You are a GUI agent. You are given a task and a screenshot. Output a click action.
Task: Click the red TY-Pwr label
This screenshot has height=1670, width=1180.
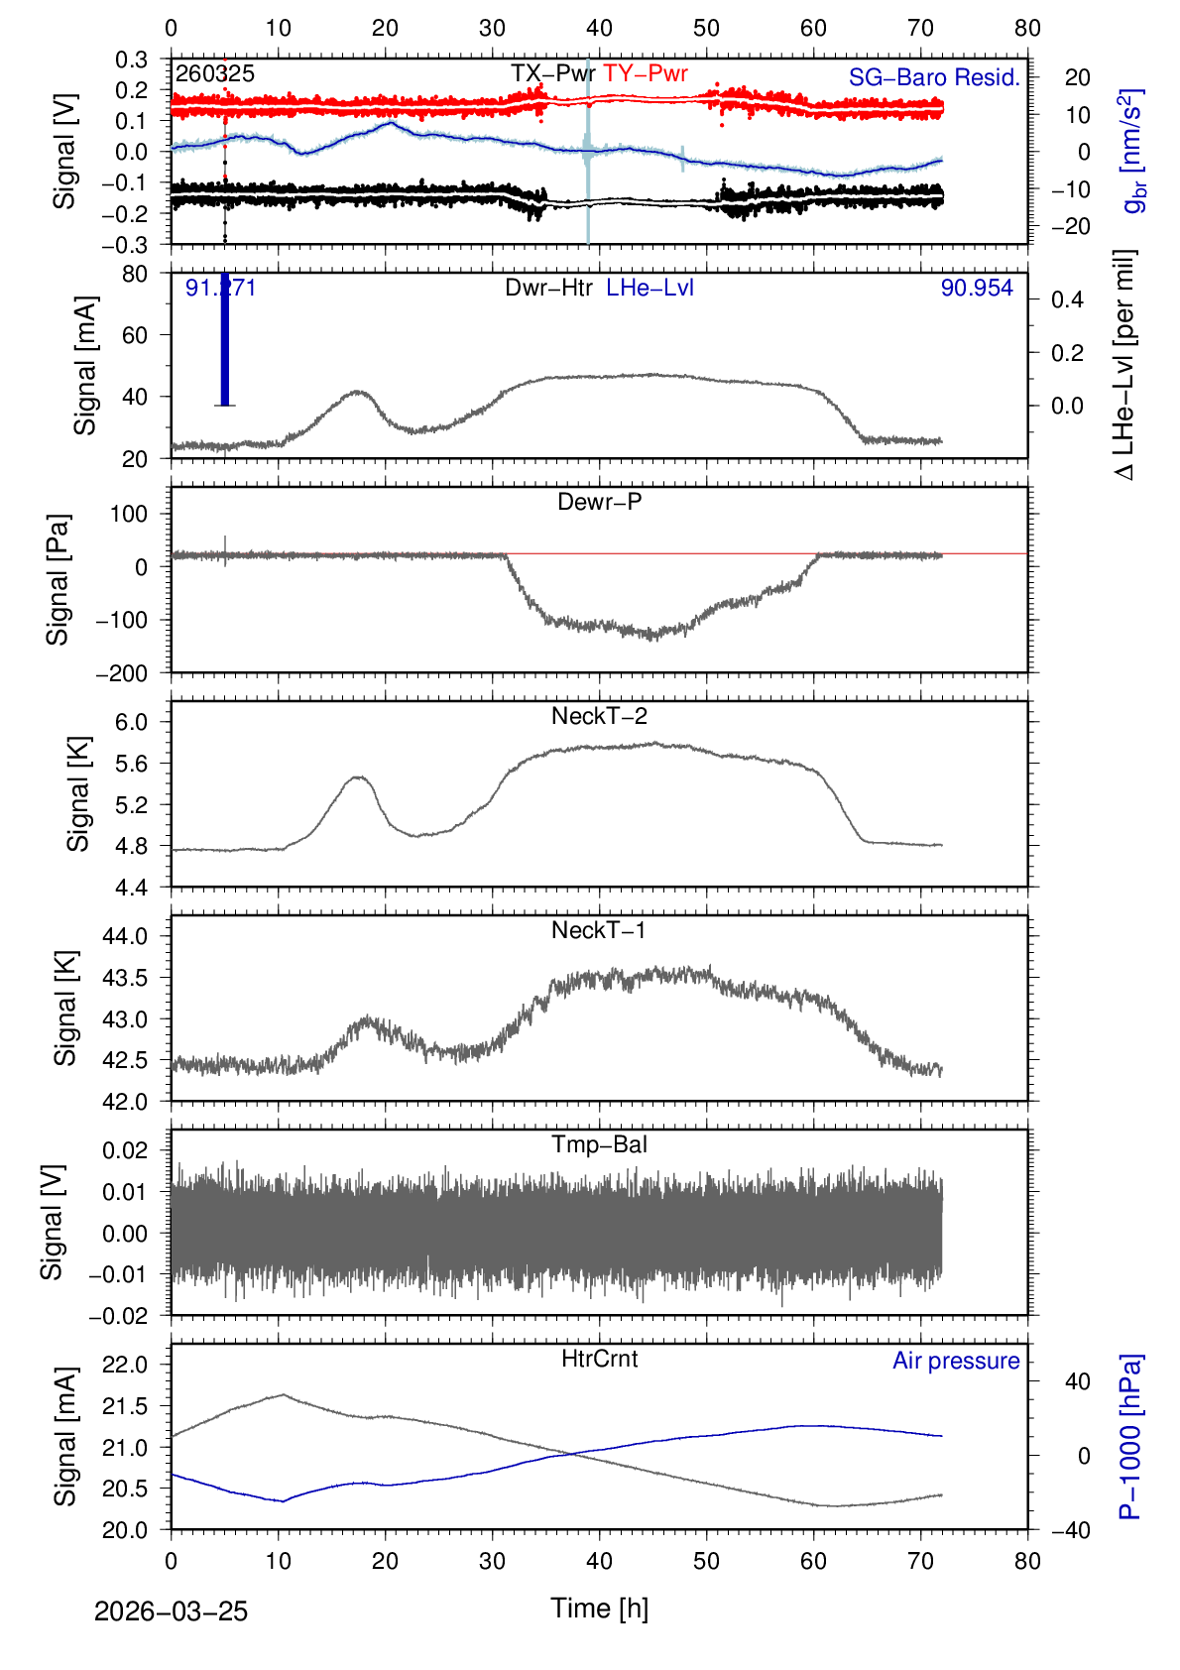[x=646, y=73]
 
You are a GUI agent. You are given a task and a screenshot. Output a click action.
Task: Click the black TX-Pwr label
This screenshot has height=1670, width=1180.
[x=552, y=73]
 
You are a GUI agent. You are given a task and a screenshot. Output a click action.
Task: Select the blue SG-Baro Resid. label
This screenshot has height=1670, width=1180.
[x=934, y=77]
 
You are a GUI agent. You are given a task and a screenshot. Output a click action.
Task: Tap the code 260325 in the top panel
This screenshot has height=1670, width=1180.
[x=215, y=73]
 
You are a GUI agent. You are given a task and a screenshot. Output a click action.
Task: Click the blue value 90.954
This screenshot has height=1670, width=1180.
[x=977, y=288]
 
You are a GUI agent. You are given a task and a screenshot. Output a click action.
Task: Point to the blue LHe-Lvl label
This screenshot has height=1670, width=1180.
[x=649, y=288]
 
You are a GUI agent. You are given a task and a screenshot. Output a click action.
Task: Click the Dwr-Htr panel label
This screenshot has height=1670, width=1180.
[x=548, y=288]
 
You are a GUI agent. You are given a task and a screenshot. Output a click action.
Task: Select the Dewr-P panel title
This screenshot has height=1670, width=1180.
[x=599, y=502]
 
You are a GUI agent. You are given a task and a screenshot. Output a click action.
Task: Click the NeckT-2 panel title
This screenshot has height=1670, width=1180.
[x=599, y=716]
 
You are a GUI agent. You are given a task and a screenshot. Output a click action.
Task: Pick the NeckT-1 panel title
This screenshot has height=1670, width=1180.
[x=599, y=930]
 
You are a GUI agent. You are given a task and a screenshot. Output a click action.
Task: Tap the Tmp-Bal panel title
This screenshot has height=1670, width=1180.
[x=599, y=1144]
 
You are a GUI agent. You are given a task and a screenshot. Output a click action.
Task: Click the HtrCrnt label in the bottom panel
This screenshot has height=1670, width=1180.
[x=599, y=1359]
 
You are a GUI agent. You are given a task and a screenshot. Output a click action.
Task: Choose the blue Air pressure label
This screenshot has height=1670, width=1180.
[x=956, y=1361]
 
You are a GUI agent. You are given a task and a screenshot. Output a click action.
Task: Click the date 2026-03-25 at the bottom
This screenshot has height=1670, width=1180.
[x=171, y=1611]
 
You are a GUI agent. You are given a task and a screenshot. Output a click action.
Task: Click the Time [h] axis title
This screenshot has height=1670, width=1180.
[x=599, y=1608]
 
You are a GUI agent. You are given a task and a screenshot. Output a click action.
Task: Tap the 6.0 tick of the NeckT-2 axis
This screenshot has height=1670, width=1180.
[x=131, y=722]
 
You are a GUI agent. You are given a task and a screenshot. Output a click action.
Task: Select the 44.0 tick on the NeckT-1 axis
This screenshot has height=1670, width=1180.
[x=125, y=936]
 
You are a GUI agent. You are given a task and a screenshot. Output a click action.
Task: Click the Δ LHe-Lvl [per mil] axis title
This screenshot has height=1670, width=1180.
[x=1124, y=365]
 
